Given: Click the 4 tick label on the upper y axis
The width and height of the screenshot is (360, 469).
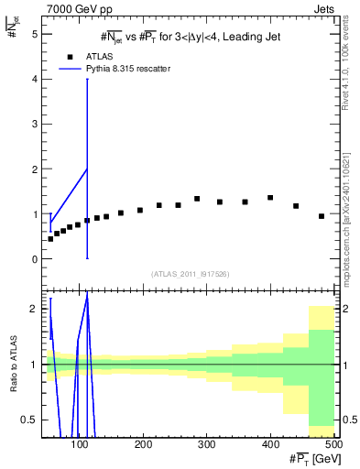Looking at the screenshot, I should point(36,80).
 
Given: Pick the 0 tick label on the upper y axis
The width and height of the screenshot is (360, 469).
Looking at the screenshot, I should point(36,259).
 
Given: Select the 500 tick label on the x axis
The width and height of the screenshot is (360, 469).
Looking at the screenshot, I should point(333,444).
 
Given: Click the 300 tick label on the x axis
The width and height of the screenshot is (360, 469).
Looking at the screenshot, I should point(206,444).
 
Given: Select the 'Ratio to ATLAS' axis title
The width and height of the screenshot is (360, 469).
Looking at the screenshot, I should point(12,365).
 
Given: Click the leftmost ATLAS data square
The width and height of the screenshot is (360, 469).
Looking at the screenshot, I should point(50,238).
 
